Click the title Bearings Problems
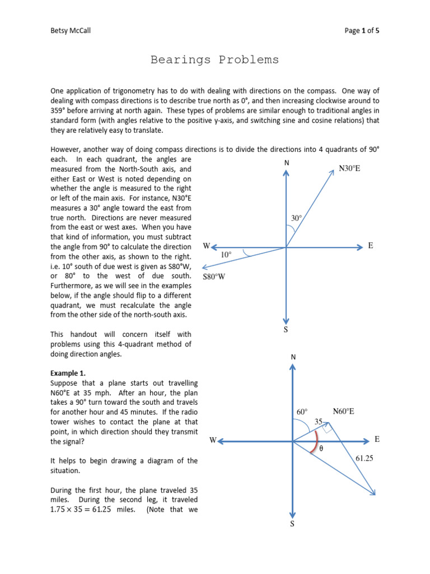[214, 60]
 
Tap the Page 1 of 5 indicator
[362, 31]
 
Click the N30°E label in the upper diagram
[349, 168]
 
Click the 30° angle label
[297, 217]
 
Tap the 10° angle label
[226, 254]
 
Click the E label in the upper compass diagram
[371, 246]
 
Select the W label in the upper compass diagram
[206, 246]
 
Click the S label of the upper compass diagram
[286, 330]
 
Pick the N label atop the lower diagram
[293, 357]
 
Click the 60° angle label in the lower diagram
[302, 411]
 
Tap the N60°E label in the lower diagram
[343, 411]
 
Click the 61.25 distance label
[364, 458]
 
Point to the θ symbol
[321, 449]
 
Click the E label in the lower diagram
[377, 440]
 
